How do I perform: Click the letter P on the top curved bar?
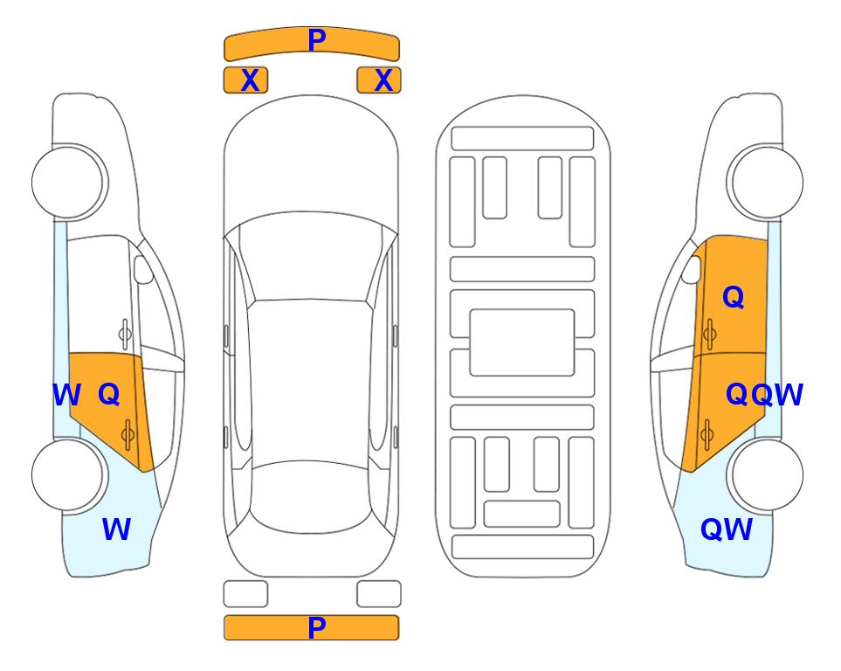pos(317,40)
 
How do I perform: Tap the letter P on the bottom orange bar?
pos(317,627)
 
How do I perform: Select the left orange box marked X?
pos(245,80)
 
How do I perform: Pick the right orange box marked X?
pos(379,80)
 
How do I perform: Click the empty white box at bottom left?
pos(245,594)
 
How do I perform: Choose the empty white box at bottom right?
pos(379,594)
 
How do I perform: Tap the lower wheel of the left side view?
pos(67,475)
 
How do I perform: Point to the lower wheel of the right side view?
pos(767,475)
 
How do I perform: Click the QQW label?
pos(764,395)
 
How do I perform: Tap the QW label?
pos(727,529)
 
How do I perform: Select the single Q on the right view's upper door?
pos(734,297)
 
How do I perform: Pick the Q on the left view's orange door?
pos(109,395)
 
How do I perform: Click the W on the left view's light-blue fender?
pos(116,529)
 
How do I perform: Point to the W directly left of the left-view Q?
pos(66,395)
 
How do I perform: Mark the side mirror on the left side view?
pos(143,269)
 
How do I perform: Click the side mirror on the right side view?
pos(692,269)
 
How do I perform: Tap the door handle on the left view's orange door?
pos(128,435)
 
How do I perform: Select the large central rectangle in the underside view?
pos(522,342)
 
